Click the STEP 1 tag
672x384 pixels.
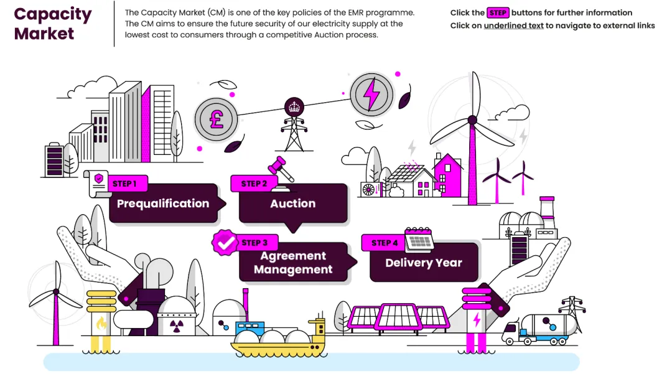124,184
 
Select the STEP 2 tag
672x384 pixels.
254,184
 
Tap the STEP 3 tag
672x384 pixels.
254,243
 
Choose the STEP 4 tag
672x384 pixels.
385,243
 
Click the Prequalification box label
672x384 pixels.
163,204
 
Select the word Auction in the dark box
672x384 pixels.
292,204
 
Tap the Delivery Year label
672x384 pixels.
423,263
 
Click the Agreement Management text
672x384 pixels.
293,263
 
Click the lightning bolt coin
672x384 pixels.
371,94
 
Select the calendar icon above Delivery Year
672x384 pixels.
419,239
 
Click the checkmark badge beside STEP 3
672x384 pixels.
225,243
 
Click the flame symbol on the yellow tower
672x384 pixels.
101,323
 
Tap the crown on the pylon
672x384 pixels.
293,106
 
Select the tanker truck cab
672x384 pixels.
511,332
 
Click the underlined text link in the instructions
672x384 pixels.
514,26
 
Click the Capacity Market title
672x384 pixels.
53,23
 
